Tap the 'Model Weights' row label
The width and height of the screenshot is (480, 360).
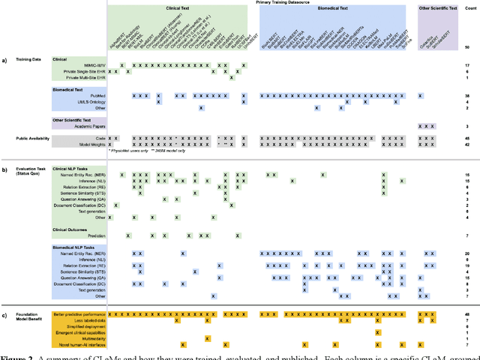pyautogui.click(x=89, y=145)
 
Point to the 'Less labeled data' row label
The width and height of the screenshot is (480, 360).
pyautogui.click(x=87, y=319)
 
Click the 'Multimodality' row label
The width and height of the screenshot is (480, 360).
pyautogui.click(x=90, y=338)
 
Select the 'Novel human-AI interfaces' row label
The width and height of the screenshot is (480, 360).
pyautogui.click(x=79, y=344)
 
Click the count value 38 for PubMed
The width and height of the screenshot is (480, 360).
pyautogui.click(x=466, y=95)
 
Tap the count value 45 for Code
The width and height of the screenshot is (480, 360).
pyautogui.click(x=466, y=138)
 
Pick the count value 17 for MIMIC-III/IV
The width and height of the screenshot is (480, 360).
pyautogui.click(x=466, y=65)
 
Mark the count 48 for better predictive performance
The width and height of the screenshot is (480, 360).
pyautogui.click(x=466, y=313)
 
